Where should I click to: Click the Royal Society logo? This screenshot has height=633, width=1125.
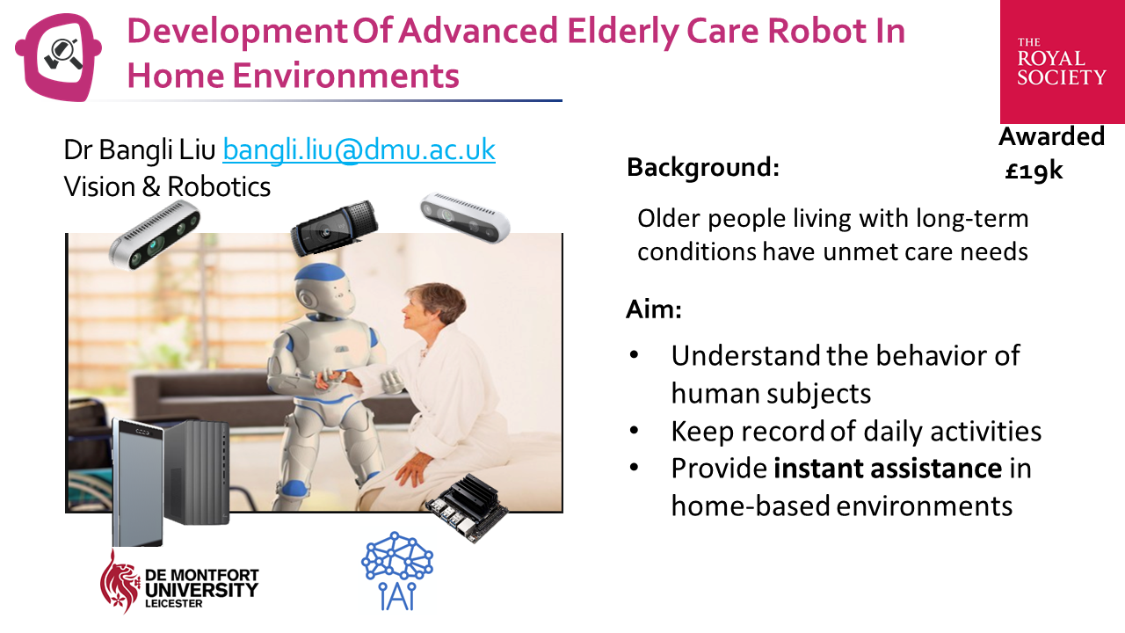[1061, 62]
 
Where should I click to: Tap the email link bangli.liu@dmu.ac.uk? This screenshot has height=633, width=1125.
[359, 149]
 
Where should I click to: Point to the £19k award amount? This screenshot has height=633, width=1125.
[1034, 171]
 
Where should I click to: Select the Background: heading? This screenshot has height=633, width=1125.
[702, 167]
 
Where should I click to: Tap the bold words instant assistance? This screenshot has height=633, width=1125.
[888, 468]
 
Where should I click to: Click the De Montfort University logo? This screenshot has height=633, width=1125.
[179, 582]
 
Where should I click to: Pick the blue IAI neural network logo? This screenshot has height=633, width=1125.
[397, 571]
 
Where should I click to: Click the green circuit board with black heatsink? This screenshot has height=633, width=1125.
[466, 507]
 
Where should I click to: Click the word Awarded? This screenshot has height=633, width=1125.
[1051, 136]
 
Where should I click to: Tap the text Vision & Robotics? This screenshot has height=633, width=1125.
[167, 186]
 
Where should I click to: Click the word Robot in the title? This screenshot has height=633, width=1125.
[797, 32]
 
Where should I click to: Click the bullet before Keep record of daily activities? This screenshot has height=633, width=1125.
[635, 432]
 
